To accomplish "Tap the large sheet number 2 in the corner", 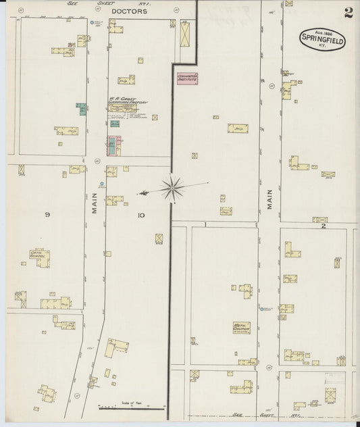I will [x=347, y=14].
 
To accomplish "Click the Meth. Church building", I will [x=241, y=328].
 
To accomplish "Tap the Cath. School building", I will [x=40, y=258].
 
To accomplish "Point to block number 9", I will [x=47, y=215].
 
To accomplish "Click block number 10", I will [x=140, y=216].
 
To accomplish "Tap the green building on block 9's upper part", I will [x=82, y=110].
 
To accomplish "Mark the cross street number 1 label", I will [x=203, y=224].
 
